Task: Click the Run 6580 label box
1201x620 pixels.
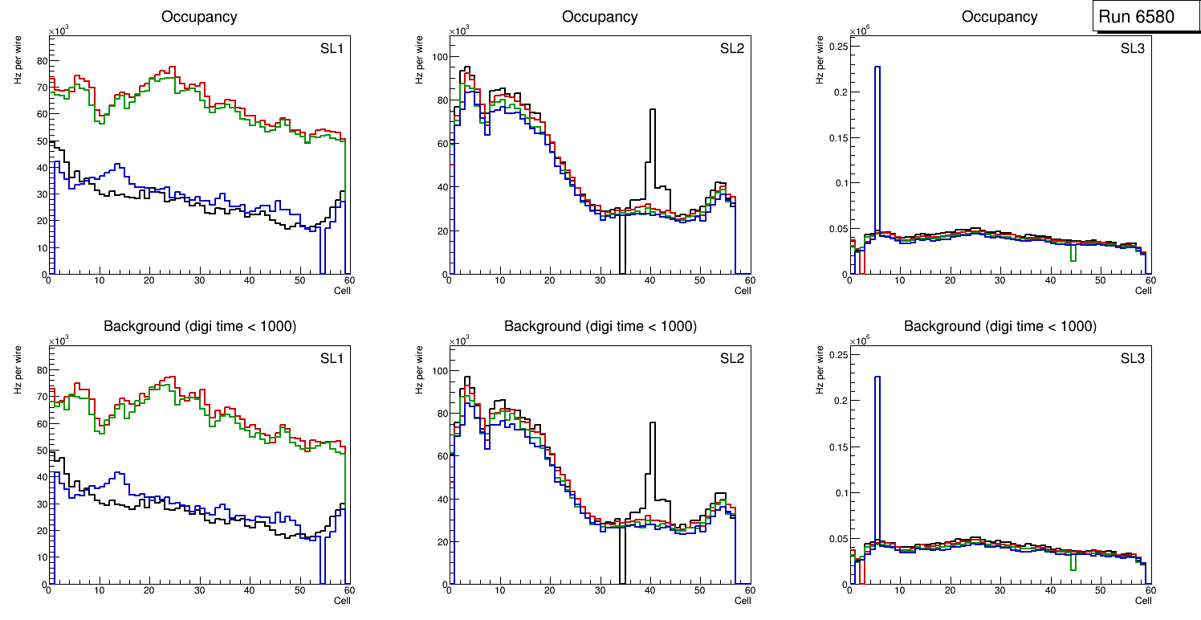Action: point(1146,16)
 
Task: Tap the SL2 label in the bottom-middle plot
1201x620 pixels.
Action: point(732,357)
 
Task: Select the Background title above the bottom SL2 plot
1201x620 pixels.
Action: point(600,326)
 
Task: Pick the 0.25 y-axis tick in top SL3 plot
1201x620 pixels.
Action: point(835,47)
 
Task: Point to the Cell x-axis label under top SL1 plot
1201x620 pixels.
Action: point(342,291)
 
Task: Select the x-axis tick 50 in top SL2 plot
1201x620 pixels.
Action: point(699,280)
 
